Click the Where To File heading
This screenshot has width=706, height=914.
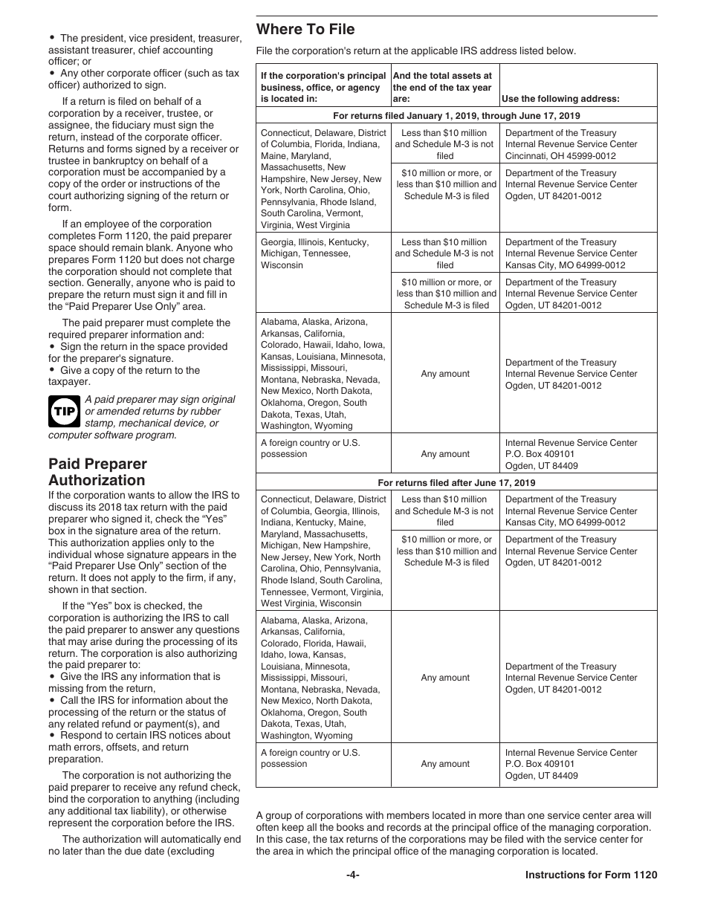(305, 30)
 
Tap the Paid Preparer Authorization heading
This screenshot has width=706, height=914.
(97, 473)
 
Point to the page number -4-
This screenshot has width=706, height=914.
(353, 875)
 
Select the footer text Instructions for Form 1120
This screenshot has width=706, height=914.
(591, 875)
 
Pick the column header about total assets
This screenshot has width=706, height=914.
(442, 87)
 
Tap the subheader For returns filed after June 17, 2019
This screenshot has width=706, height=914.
(456, 482)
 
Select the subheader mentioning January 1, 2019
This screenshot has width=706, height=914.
(456, 116)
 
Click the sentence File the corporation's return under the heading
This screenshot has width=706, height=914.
(416, 51)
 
